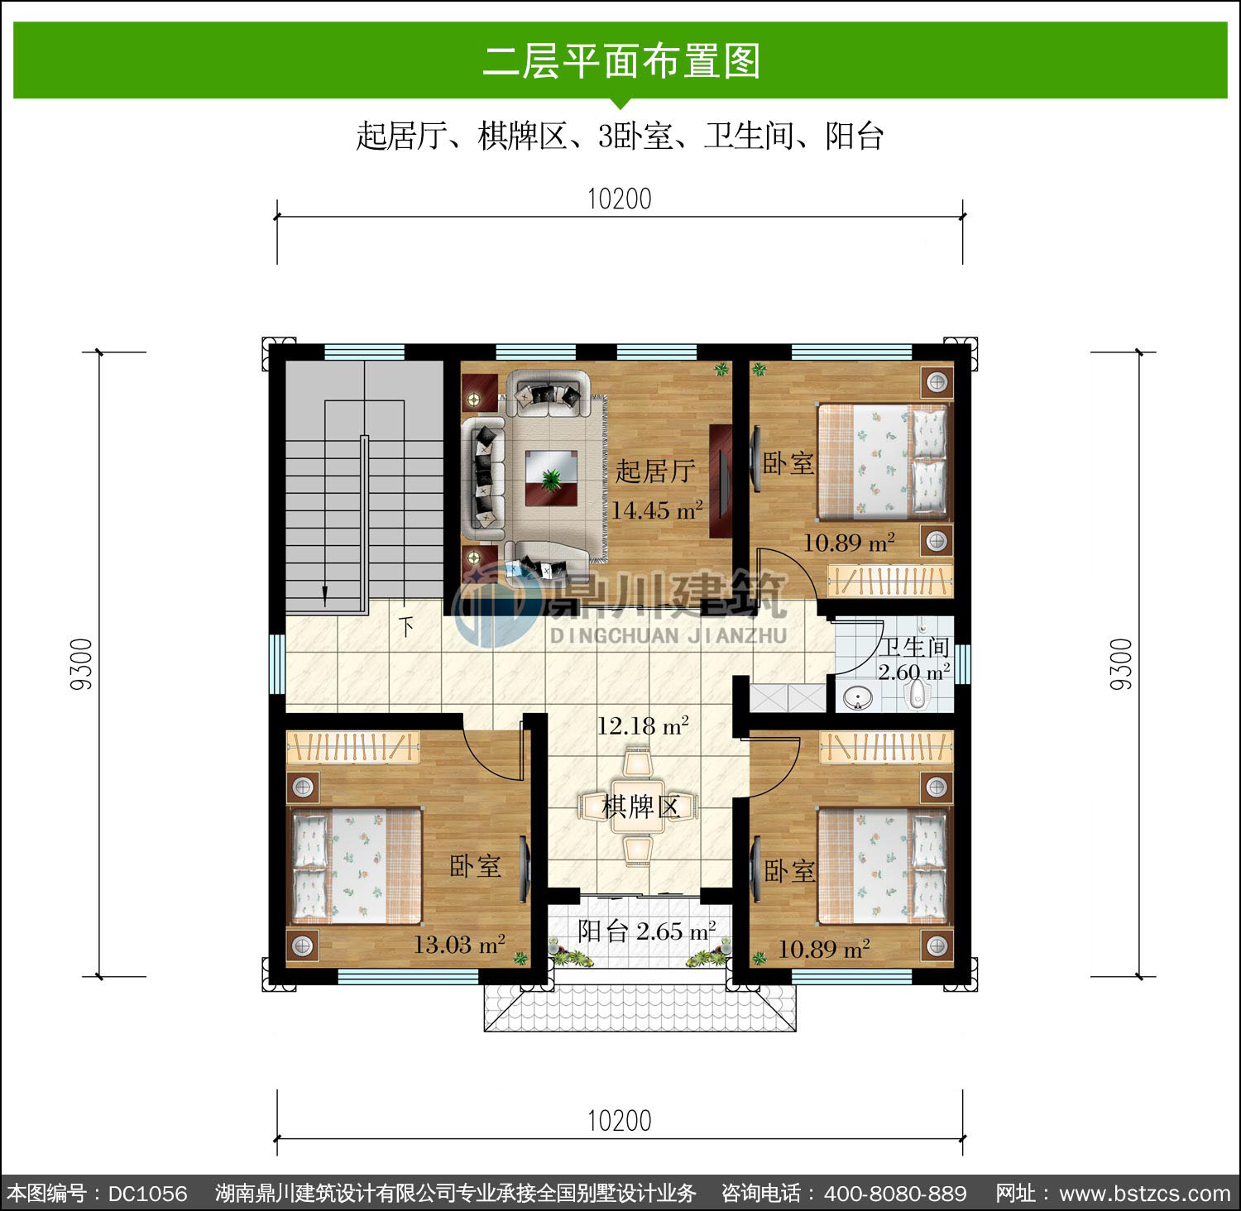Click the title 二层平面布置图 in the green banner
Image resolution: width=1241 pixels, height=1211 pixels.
click(621, 61)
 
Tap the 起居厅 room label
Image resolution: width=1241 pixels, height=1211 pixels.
click(654, 471)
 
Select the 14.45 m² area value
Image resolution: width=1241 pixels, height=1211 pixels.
click(657, 510)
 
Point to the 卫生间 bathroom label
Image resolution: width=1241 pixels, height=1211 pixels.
click(913, 647)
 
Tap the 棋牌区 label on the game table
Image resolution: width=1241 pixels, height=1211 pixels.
click(641, 806)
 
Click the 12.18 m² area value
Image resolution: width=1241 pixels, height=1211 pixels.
click(644, 726)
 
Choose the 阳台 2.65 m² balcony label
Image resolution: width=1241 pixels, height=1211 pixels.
click(646, 931)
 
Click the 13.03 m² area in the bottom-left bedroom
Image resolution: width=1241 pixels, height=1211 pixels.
click(459, 944)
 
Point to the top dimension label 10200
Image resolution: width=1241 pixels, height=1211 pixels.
click(620, 199)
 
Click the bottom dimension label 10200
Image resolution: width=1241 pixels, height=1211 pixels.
click(620, 1121)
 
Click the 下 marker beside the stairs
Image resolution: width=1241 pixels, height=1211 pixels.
click(406, 625)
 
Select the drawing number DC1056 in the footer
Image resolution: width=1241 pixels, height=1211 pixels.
click(148, 1194)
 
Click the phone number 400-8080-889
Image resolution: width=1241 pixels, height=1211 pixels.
click(895, 1194)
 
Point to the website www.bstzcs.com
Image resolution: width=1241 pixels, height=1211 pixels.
click(1145, 1194)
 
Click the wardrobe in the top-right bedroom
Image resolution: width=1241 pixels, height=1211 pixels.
click(891, 580)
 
